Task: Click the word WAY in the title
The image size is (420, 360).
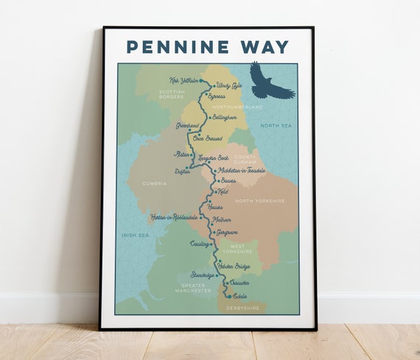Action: point(262,47)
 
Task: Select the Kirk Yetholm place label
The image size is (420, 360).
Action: point(183,80)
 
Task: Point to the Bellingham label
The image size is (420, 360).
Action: point(224,117)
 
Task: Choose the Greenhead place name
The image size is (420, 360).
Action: point(187,126)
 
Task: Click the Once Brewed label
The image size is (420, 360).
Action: point(207,138)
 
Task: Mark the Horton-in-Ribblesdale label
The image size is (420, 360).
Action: point(173,217)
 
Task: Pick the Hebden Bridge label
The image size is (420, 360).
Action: point(234,266)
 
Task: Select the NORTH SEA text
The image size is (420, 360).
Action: point(276,126)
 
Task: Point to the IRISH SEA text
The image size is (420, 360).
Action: point(135,235)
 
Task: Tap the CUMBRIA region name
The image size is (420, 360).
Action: point(155,183)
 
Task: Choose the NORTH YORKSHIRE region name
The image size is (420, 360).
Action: point(259,201)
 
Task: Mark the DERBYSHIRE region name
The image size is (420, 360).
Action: point(242,308)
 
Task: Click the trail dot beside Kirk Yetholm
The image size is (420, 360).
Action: point(201,80)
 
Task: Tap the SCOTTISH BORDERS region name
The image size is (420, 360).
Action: point(171,95)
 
